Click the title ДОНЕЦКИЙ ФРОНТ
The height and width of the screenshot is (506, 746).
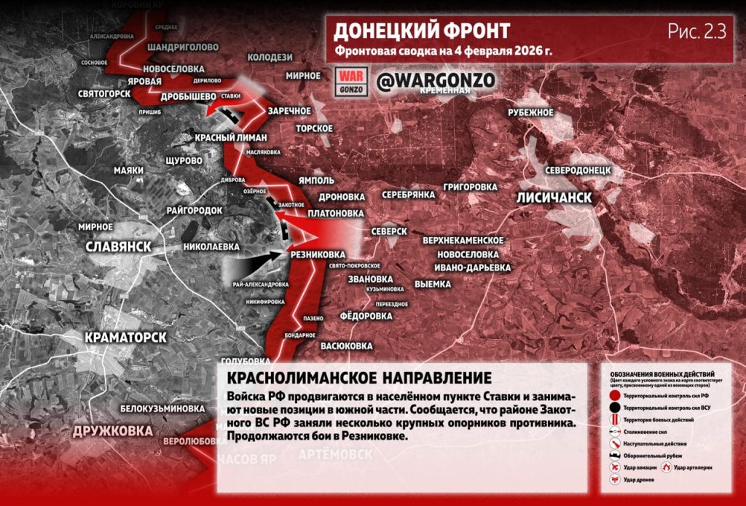pyautogui.click(x=421, y=31)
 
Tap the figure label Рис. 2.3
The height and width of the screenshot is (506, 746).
pyautogui.click(x=696, y=31)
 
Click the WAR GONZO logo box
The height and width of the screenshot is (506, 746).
pyautogui.click(x=352, y=81)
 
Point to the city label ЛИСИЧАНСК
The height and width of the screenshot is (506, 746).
pyautogui.click(x=554, y=198)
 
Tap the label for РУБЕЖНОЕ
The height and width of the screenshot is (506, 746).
pyautogui.click(x=531, y=112)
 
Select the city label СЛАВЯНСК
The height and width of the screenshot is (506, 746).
pyautogui.click(x=118, y=246)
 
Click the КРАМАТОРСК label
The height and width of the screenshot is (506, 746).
pyautogui.click(x=125, y=338)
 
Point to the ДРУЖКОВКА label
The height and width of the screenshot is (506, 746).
pyautogui.click(x=113, y=431)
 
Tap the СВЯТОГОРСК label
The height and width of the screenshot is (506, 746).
pyautogui.click(x=104, y=94)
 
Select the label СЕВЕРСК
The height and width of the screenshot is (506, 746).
pyautogui.click(x=388, y=230)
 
